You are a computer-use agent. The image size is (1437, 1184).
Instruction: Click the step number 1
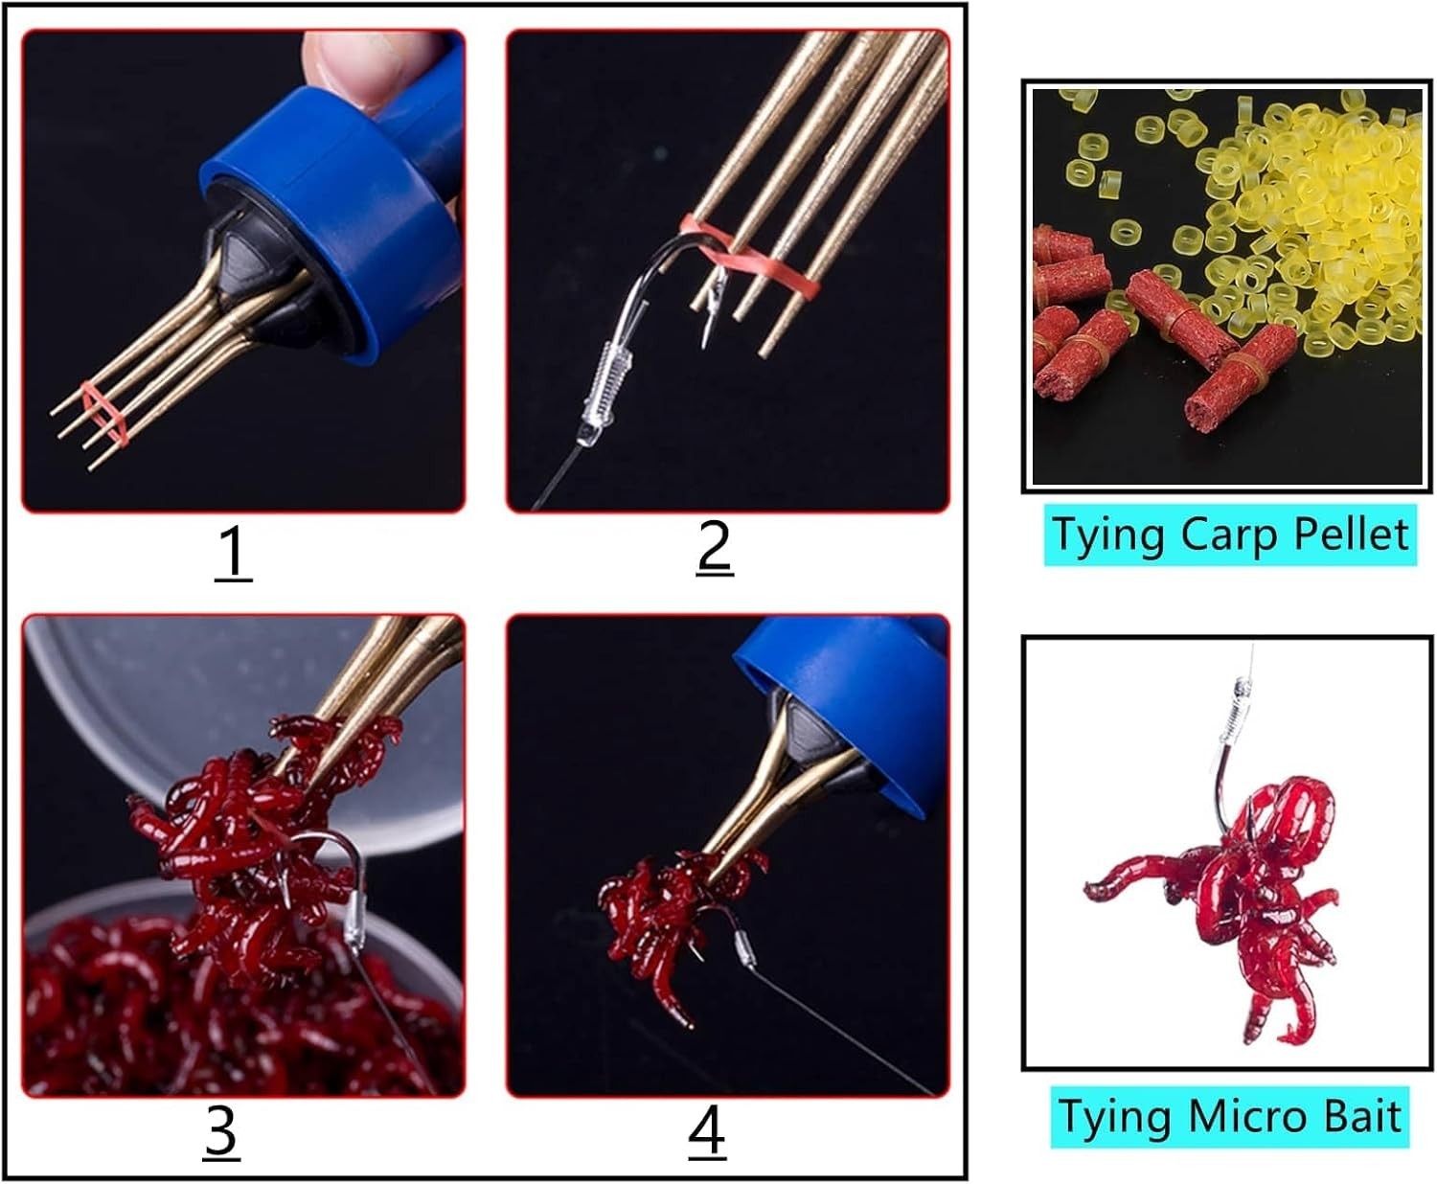point(233,553)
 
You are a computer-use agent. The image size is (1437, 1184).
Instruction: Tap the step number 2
point(714,548)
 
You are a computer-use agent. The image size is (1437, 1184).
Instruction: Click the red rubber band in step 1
point(104,415)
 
